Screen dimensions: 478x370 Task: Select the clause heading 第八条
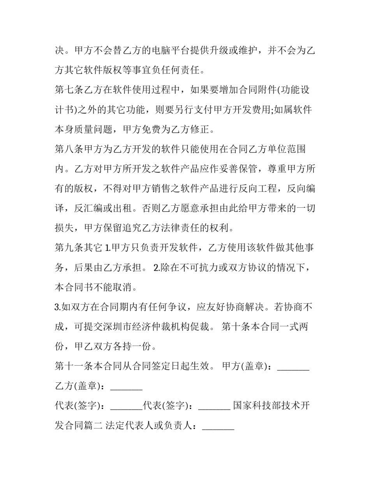coord(69,149)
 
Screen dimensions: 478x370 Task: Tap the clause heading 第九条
coord(69,248)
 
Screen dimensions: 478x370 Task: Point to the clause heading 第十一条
coord(74,366)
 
